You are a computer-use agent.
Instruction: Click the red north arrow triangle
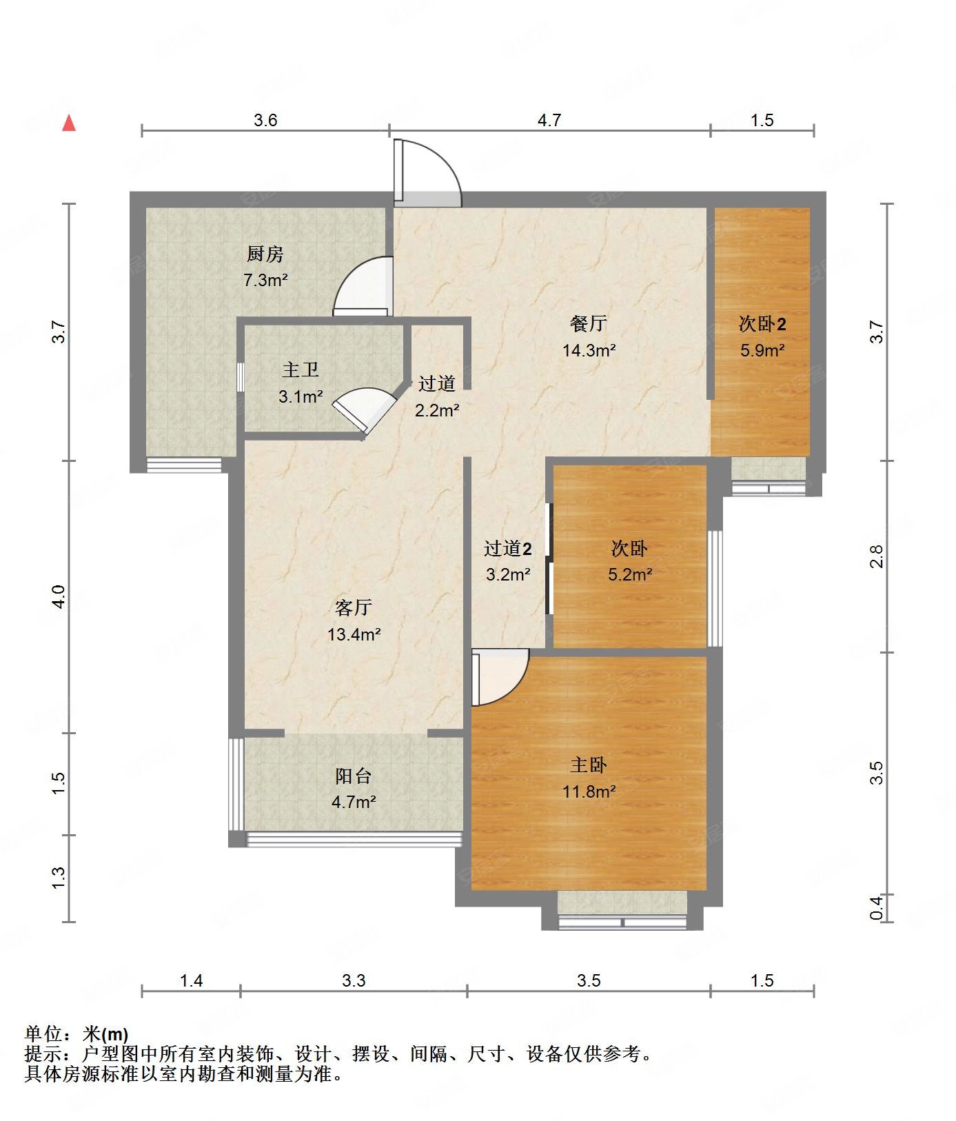[x=69, y=123]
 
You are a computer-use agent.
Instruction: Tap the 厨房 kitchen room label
[x=265, y=254]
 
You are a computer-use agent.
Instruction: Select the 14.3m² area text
[x=589, y=350]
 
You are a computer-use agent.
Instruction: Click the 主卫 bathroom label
[x=301, y=370]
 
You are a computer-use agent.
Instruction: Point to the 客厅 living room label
[x=354, y=607]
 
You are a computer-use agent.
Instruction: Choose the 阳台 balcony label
[x=354, y=776]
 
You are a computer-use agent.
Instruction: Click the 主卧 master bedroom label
[x=589, y=765]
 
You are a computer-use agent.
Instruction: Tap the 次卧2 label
[x=763, y=323]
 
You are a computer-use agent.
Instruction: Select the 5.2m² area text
[x=630, y=574]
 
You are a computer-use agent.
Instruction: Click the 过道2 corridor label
[x=508, y=549]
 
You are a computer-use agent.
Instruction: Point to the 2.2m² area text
[x=437, y=411]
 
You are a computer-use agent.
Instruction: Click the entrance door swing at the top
[x=427, y=172]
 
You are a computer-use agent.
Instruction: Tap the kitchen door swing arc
[x=363, y=286]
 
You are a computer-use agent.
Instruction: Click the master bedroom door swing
[x=500, y=678]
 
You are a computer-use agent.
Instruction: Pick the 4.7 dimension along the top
[x=549, y=121]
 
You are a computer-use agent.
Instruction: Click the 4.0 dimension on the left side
[x=59, y=596]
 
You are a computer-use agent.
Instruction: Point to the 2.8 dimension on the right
[x=876, y=556]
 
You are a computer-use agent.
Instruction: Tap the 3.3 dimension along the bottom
[x=354, y=980]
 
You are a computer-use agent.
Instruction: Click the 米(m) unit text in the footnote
[x=105, y=1034]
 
